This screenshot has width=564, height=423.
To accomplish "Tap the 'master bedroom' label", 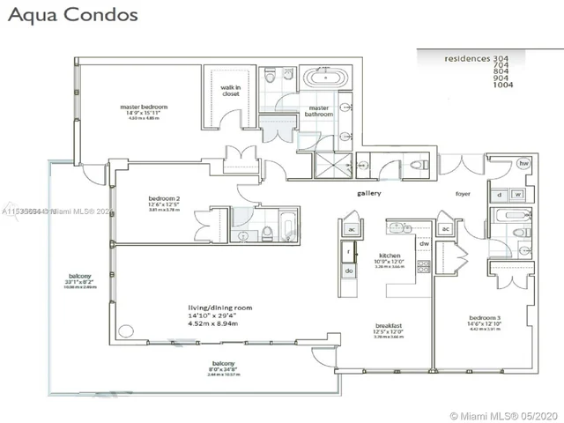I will point(144,108).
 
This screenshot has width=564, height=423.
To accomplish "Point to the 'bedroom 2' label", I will point(163,199).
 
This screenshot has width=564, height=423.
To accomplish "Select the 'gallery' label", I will point(368,192).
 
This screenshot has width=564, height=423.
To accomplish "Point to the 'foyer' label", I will point(463,193).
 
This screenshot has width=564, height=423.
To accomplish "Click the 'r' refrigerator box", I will point(349,252).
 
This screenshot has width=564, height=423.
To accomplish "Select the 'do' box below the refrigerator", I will point(349,271).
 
